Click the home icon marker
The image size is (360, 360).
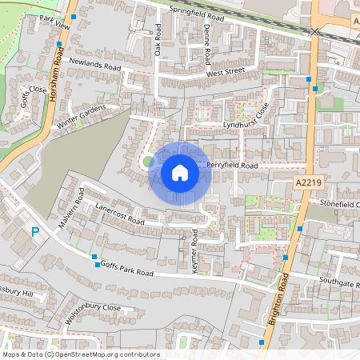coord(180,173)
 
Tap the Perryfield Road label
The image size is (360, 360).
coord(232,166)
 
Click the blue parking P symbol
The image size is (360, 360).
coord(34,232)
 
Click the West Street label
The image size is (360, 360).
coord(224,73)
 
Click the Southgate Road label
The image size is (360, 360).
coord(340,282)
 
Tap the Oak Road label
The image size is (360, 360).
coord(158,40)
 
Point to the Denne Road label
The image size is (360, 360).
coord(206,44)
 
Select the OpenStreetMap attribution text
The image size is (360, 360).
coord(81,354)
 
